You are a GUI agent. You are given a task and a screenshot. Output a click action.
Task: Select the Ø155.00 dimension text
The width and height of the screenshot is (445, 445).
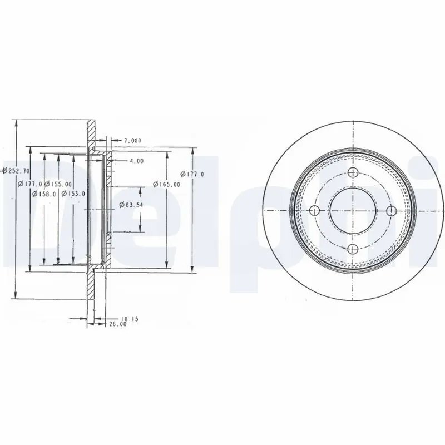click(58, 184)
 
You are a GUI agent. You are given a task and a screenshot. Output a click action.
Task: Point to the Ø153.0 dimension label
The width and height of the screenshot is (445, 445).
click(73, 194)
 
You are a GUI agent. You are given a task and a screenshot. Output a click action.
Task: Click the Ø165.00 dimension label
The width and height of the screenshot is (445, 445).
click(167, 184)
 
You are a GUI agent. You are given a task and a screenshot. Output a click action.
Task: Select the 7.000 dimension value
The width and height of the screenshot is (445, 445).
click(132, 140)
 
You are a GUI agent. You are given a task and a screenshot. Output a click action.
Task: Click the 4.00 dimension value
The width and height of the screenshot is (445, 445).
click(136, 161)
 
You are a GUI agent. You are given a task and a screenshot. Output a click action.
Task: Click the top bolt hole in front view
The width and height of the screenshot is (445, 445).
click(353, 173)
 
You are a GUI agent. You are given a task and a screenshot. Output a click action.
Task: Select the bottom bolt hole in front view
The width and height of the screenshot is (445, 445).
click(353, 249)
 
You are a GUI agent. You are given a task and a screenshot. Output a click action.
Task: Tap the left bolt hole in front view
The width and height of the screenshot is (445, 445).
click(315, 210)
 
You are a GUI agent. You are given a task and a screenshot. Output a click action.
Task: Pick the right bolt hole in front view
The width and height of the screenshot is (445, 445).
click(391, 210)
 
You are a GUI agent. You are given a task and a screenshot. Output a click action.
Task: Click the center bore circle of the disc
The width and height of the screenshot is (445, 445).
click(353, 211)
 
